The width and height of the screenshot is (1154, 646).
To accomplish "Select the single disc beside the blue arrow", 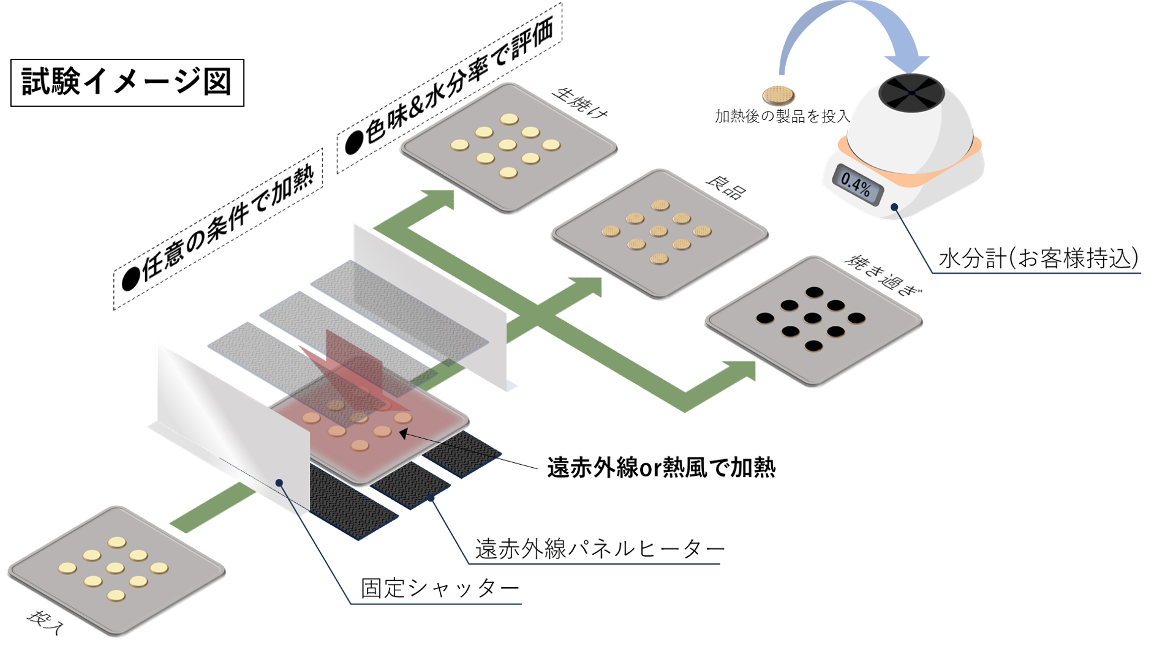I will coord(779,96).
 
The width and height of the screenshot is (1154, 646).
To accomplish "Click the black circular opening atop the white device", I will coord(911,92).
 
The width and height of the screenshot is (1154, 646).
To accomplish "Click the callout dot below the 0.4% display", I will coord(895,207).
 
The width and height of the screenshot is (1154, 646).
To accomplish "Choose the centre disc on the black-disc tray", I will coord(813,318).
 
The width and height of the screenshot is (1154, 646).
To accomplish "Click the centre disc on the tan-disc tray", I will coord(658,231).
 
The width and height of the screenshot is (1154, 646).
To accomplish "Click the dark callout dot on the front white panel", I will coord(279,483).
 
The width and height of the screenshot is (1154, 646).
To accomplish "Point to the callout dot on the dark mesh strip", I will coord(432,499).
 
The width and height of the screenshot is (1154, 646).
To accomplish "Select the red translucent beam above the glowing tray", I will coord(352,367).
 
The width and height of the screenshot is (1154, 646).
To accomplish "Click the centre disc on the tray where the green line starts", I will coord(115,568).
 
